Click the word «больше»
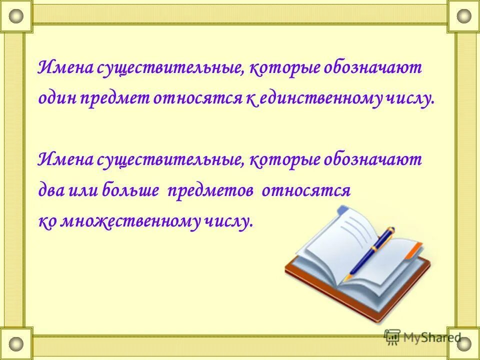131,190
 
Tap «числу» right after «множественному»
229,221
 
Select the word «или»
85,190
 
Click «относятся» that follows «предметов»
306,190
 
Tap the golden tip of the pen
350,275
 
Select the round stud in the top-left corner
16,16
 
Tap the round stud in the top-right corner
463,16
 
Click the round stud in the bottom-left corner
16,343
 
